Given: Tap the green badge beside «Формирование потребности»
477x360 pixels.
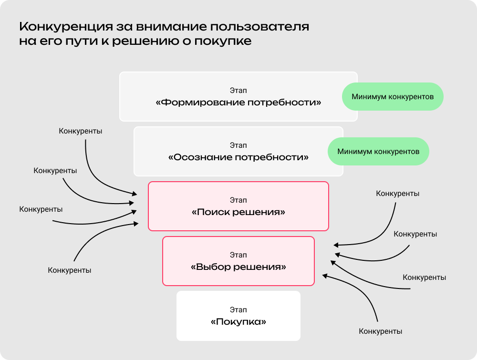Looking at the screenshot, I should [x=393, y=97].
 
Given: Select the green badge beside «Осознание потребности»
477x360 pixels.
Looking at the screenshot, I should [x=378, y=152].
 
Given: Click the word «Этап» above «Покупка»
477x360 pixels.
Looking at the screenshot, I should [x=238, y=310].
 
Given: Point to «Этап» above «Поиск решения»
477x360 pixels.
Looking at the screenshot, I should [x=238, y=200].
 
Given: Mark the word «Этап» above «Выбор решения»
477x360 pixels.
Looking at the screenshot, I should [x=238, y=255].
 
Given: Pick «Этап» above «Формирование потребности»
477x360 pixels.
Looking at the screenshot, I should [x=238, y=91].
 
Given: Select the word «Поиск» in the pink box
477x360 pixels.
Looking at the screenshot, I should [x=210, y=212].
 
